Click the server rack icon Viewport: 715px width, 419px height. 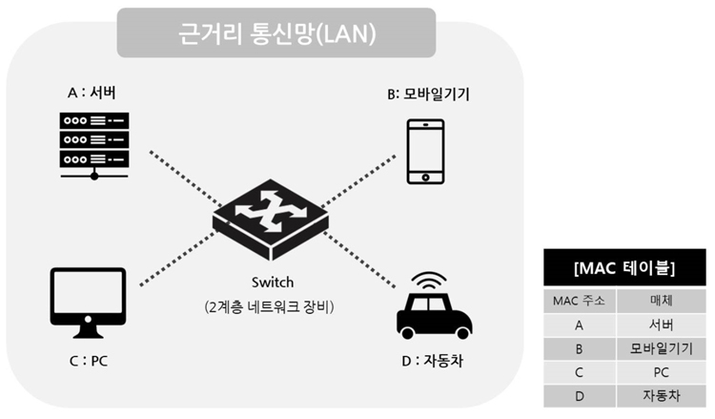94,146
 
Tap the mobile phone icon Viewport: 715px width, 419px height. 425,152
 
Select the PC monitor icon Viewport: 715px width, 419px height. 88,304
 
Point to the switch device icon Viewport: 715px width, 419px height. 271,220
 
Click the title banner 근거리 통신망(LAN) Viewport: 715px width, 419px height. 276,32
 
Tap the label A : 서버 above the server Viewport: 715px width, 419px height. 92,93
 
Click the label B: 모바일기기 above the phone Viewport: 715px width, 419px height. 428,94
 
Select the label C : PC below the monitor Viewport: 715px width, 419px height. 89,361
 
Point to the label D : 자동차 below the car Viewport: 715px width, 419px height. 432,361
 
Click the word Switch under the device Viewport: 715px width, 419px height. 273,283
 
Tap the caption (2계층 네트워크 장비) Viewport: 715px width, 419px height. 269,306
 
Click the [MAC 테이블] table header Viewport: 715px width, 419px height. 624,268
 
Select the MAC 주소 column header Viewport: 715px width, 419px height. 579,301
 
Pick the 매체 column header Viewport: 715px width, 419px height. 662,301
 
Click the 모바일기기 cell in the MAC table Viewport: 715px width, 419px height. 662,349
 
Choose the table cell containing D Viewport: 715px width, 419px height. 579,396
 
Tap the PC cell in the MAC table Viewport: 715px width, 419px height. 662,372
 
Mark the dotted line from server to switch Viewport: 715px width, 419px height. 186,178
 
